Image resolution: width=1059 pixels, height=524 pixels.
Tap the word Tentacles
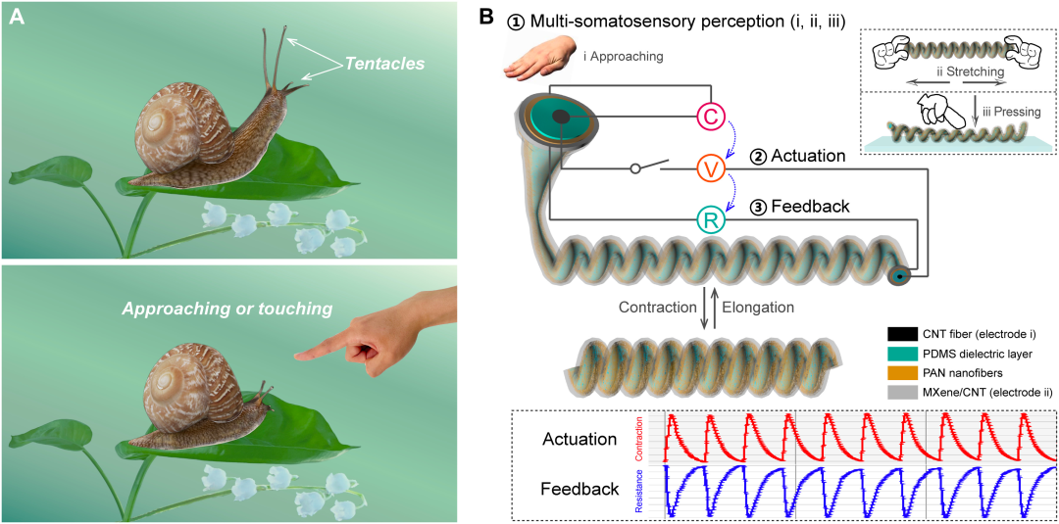[x=383, y=65]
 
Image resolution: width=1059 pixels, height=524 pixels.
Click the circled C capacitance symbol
[x=711, y=117]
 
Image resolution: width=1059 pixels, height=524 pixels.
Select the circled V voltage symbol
[x=711, y=168]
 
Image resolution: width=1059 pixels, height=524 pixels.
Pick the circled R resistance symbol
[x=711, y=220]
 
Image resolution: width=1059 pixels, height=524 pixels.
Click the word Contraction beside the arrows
[x=658, y=307]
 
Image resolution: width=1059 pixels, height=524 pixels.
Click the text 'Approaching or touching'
[x=227, y=309]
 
